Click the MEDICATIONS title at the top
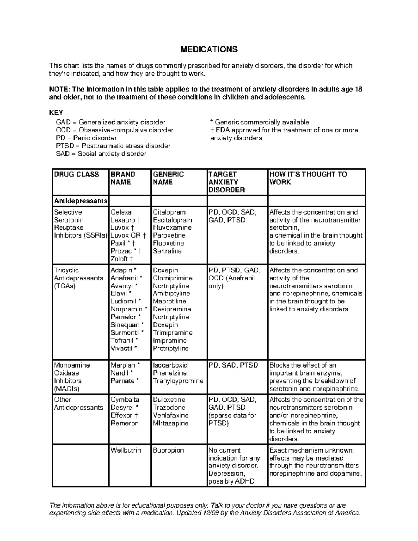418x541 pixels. click(x=209, y=49)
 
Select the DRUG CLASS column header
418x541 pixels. click(x=76, y=174)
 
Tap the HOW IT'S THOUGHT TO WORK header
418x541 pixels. click(x=308, y=178)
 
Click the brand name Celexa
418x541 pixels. click(x=121, y=212)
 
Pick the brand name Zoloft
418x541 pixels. click(x=119, y=259)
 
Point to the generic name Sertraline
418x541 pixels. click(x=167, y=251)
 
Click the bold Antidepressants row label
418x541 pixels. click(x=80, y=201)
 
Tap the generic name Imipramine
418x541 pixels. click(x=170, y=340)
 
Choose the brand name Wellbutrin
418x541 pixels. click(x=126, y=450)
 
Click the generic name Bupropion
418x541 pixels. click(x=168, y=450)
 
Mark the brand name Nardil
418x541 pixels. click(x=119, y=373)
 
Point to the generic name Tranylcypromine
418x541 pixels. click(x=178, y=381)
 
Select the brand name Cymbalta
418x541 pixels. click(x=125, y=400)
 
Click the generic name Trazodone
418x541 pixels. click(x=169, y=407)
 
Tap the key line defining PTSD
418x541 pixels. click(x=113, y=146)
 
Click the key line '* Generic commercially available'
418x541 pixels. click(x=260, y=122)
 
